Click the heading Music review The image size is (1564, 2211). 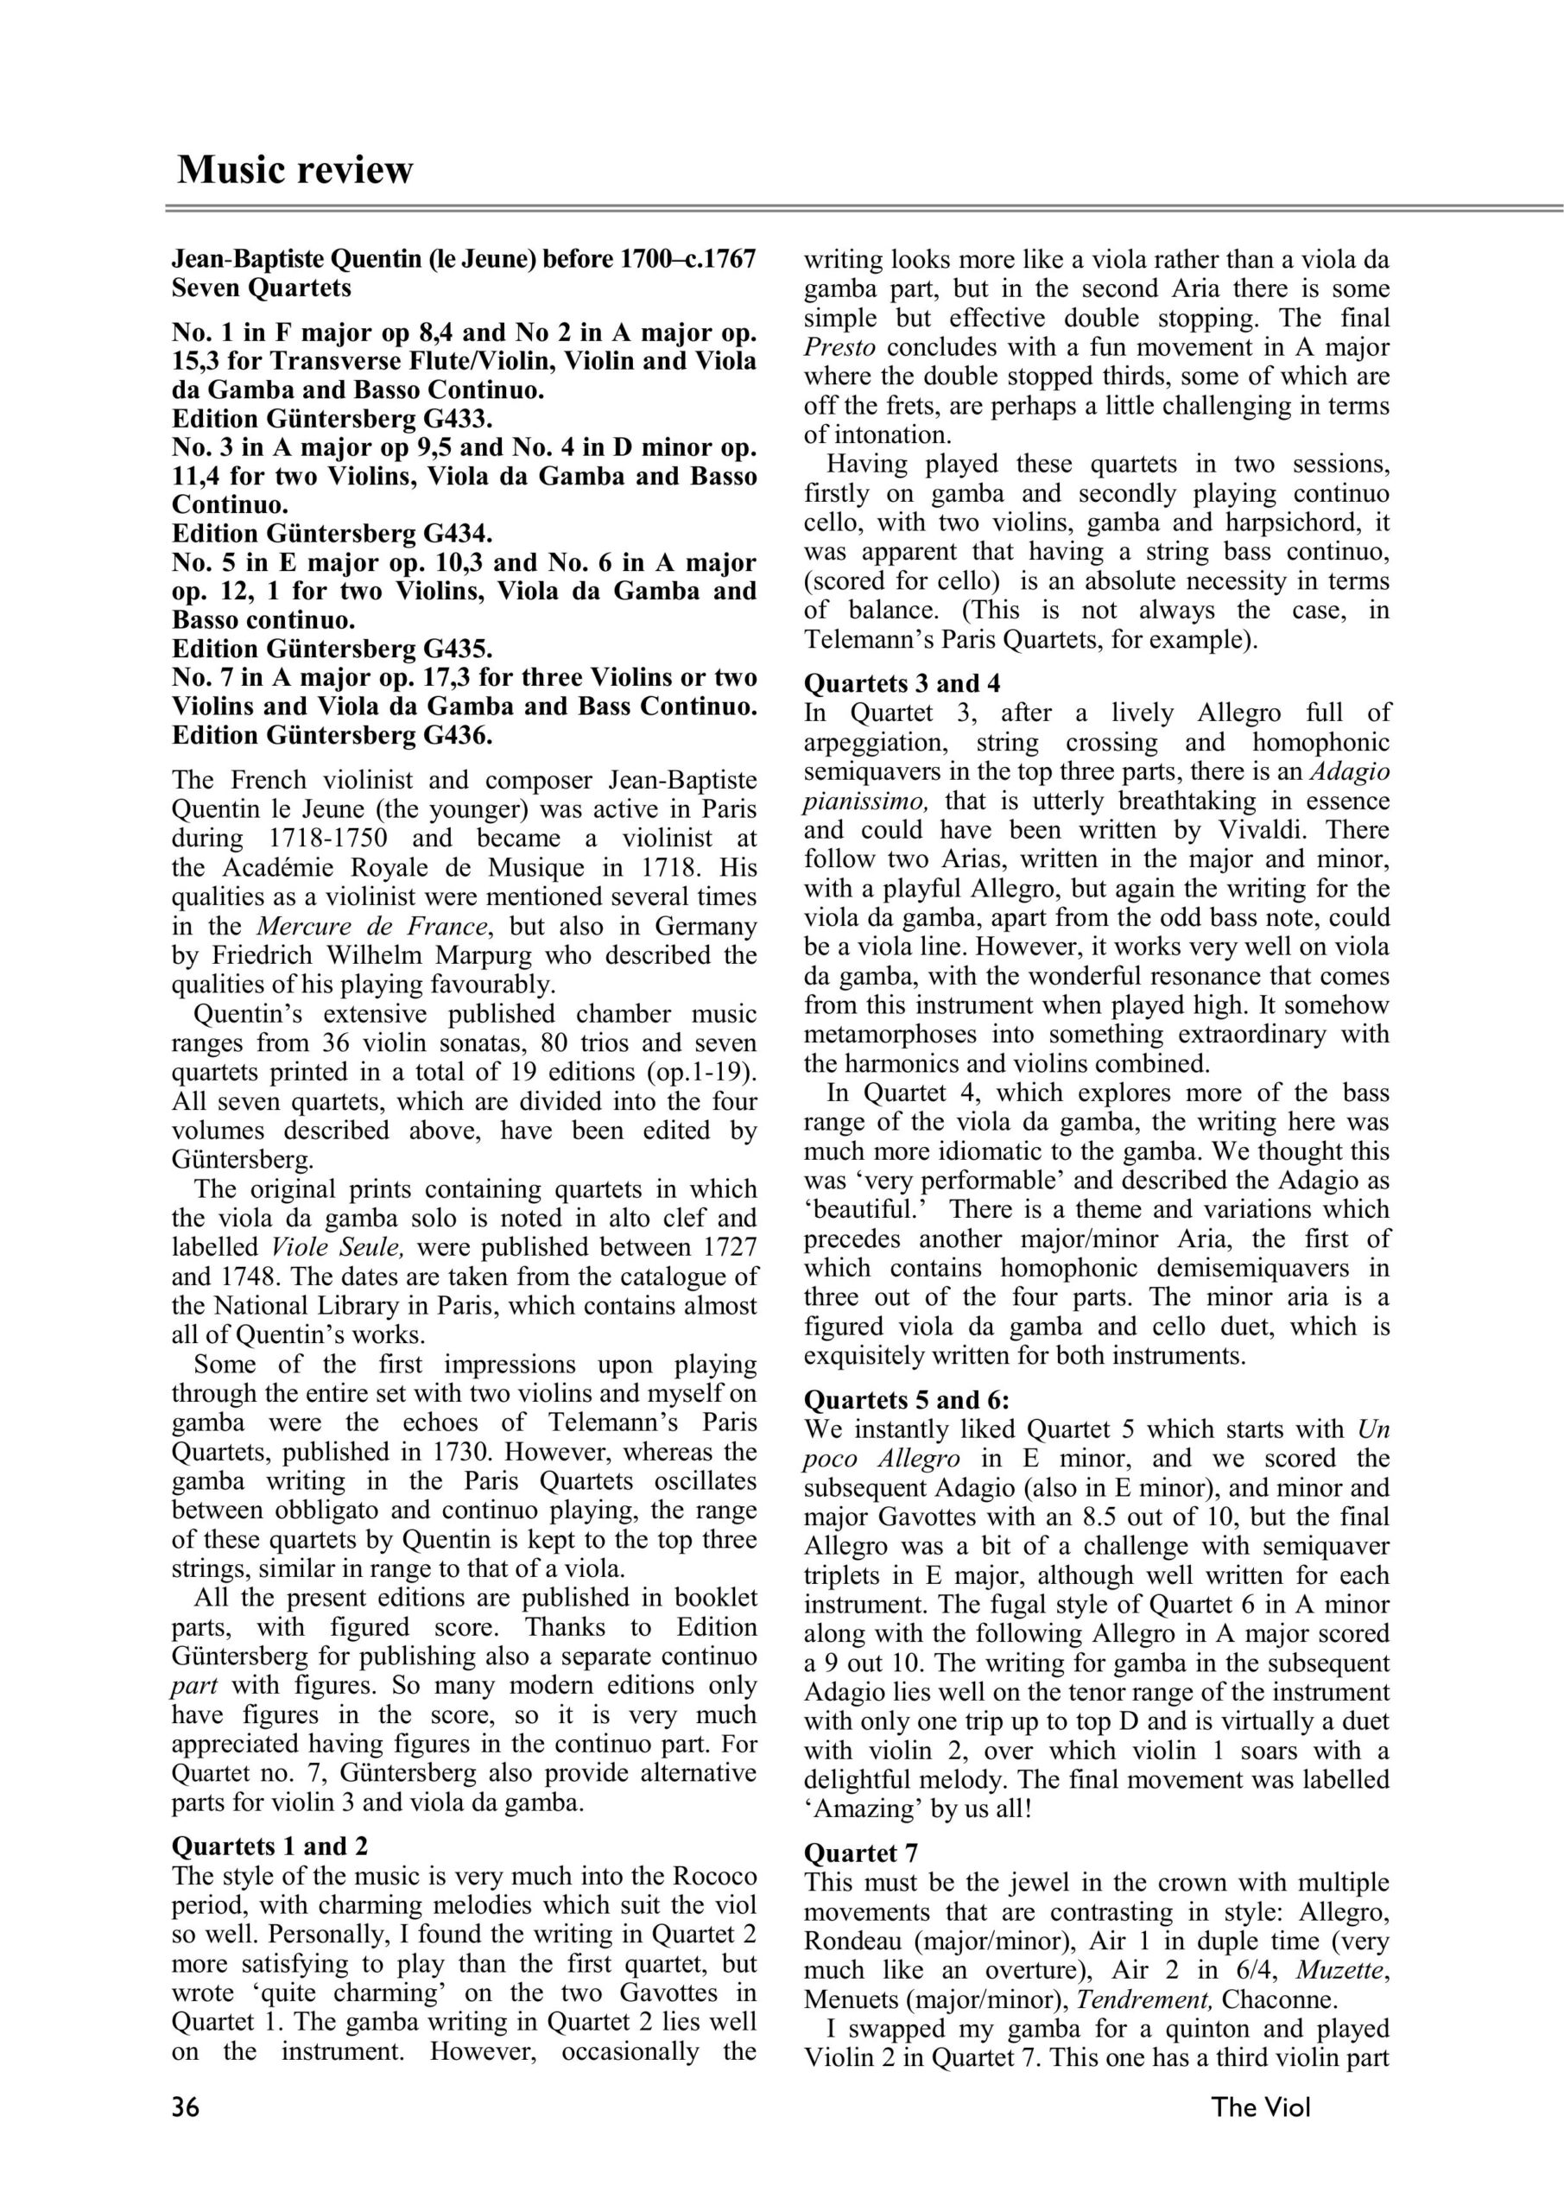(294, 169)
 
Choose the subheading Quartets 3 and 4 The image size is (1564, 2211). (902, 683)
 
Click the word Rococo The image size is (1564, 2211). (707, 1876)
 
